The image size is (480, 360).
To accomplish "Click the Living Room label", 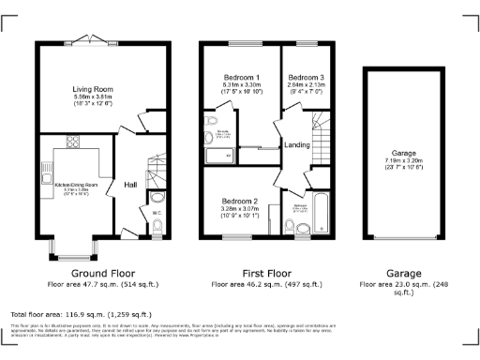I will tap(93, 89).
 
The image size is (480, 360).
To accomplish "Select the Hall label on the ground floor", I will tap(131, 186).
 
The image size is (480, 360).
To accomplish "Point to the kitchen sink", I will tap(45, 175).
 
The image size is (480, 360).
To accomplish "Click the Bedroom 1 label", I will tap(242, 77).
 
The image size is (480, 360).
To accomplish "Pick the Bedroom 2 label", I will tap(240, 201).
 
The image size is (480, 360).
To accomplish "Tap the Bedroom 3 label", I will tap(305, 77).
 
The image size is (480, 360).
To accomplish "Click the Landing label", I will tap(298, 143).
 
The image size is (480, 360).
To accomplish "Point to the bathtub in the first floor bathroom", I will tap(321, 213).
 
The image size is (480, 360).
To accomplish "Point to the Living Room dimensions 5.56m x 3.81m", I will tap(93, 97).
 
